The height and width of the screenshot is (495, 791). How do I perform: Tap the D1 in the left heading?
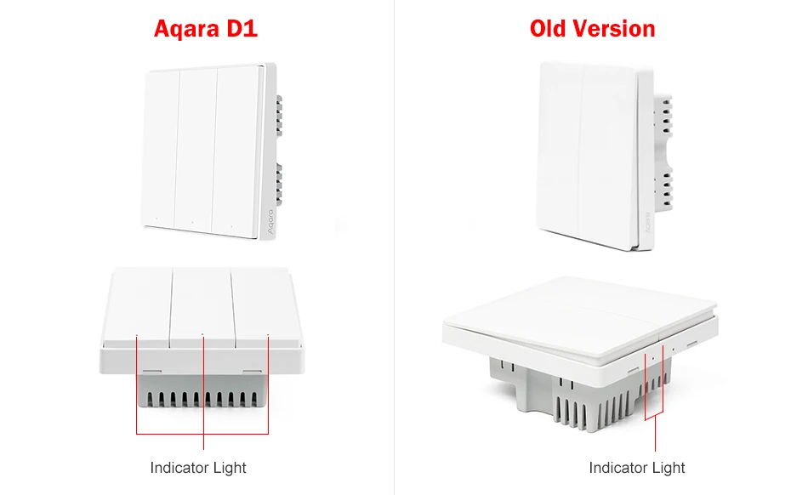[240, 29]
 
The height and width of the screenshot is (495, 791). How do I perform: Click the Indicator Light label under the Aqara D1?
[198, 468]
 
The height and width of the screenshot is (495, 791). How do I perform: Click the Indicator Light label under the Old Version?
[637, 468]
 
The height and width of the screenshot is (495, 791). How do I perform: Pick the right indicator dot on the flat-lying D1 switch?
[267, 337]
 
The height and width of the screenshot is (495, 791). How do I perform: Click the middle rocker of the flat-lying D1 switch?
[202, 306]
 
